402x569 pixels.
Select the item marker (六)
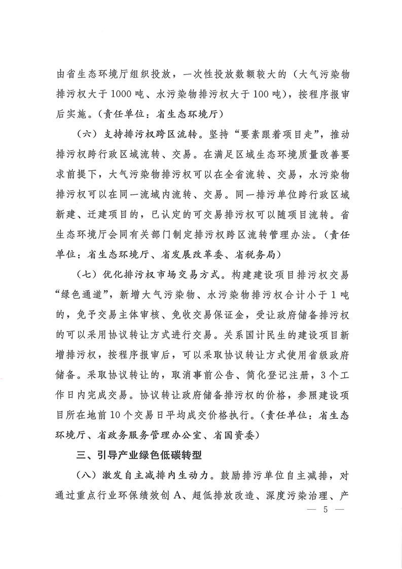[x=87, y=136]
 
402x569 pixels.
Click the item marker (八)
[x=87, y=477]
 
